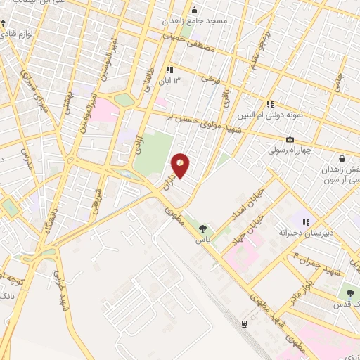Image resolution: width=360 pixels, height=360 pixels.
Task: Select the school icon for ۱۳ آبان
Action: (169, 70)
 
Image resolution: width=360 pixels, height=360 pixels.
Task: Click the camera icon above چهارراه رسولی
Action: (290, 139)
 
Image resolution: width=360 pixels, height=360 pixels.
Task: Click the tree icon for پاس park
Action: (203, 228)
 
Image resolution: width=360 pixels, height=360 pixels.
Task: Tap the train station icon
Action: (243, 323)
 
